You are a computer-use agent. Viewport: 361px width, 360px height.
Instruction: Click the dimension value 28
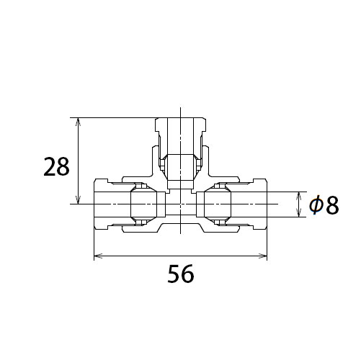[56, 166]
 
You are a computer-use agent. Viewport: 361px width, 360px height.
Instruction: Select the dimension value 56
[181, 274]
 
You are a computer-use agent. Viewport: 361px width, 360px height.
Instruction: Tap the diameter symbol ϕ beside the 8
[316, 205]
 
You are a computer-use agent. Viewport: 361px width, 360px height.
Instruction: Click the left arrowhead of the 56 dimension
[98, 256]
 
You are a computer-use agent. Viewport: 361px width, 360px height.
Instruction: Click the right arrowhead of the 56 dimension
[262, 256]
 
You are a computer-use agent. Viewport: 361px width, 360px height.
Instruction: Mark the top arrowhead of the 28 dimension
[78, 122]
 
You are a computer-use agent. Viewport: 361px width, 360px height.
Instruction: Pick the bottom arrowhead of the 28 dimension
[78, 199]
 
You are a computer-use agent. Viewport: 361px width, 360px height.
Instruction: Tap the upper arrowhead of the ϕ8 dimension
[298, 196]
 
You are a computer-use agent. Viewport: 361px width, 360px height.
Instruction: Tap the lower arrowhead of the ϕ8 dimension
[298, 213]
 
